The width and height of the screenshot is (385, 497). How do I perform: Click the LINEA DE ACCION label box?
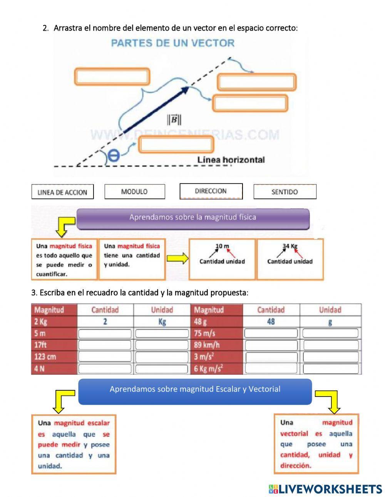(x=62, y=192)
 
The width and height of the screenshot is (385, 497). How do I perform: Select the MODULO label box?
(x=134, y=191)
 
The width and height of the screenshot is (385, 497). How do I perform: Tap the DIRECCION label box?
(x=211, y=191)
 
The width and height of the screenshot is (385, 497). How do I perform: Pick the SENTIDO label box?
(x=285, y=192)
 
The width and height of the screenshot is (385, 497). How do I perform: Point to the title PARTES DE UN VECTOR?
(x=172, y=43)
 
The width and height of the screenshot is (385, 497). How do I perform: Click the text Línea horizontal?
(x=231, y=159)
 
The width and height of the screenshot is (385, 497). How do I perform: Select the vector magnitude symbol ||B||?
(x=174, y=120)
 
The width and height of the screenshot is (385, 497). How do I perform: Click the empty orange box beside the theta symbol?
(x=176, y=145)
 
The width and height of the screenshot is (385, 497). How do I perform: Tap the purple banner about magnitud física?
(x=192, y=218)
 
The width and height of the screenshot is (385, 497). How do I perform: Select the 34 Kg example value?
(x=290, y=246)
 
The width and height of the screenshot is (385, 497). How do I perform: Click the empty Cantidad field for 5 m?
(x=105, y=333)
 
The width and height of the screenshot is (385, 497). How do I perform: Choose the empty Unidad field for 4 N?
(x=161, y=369)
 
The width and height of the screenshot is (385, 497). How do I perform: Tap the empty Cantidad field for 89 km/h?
(x=271, y=345)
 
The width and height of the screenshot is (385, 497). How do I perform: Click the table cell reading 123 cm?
(x=54, y=356)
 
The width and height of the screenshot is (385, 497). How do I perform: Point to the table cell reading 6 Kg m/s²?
(x=216, y=368)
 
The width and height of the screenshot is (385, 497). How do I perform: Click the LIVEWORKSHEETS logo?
(x=325, y=489)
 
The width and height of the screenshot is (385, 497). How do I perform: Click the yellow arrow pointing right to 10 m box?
(x=177, y=259)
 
